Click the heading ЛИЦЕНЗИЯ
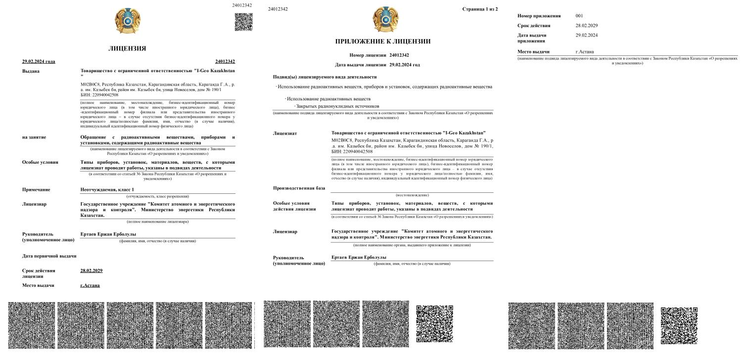point(127,48)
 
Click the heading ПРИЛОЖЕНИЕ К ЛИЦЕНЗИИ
point(383,42)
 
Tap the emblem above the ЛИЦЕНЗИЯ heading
point(127,22)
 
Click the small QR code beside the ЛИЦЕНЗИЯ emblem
point(243,22)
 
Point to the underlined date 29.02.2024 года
point(39,61)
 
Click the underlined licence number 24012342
point(225,61)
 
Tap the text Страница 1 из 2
point(480,9)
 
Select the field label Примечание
point(36,190)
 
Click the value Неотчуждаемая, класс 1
point(107,190)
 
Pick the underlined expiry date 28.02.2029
point(91,270)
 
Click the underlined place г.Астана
point(90,285)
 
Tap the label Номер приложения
point(539,16)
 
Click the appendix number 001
point(579,16)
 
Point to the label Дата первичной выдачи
point(49,256)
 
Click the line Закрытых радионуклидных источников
point(337,106)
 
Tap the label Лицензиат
point(285,134)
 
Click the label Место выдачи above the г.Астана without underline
point(534,51)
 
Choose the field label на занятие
point(34,137)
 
